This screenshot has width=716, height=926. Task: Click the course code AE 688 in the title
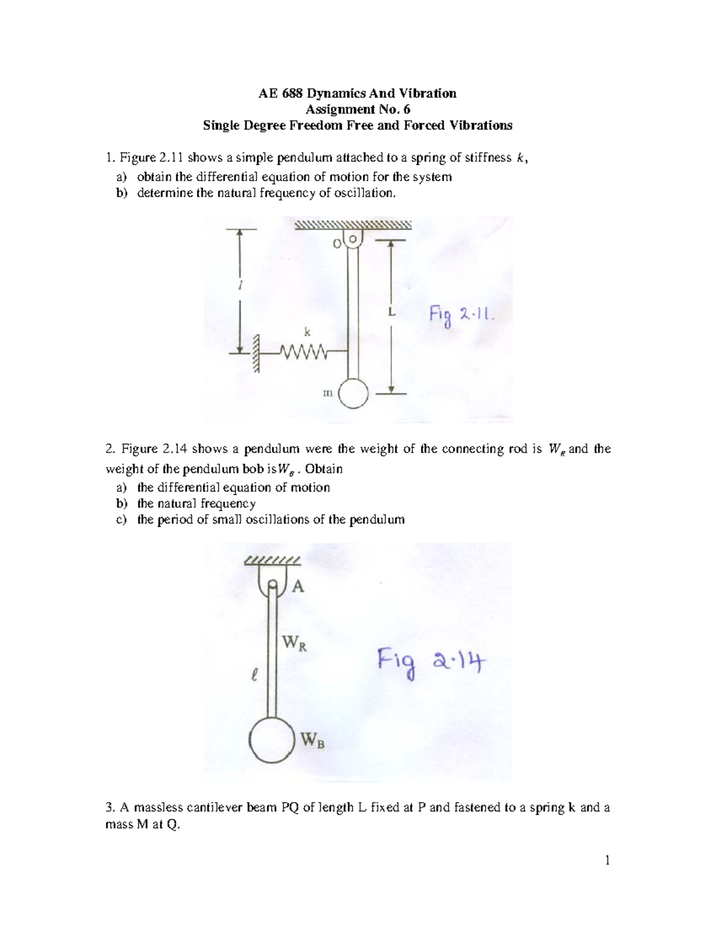[x=280, y=93]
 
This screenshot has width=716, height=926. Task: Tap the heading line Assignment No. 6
[x=357, y=109]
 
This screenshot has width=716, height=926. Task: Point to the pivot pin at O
[x=353, y=239]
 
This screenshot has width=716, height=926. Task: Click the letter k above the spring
[x=307, y=332]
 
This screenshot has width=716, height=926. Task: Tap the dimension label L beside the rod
[x=391, y=312]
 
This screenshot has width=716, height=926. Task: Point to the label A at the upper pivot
[x=298, y=587]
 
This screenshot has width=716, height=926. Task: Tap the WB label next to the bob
[x=312, y=741]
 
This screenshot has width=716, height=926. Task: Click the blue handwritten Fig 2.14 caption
[x=431, y=662]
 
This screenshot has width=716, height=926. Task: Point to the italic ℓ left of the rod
[x=255, y=675]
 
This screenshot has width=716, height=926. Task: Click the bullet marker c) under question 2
[x=121, y=519]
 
